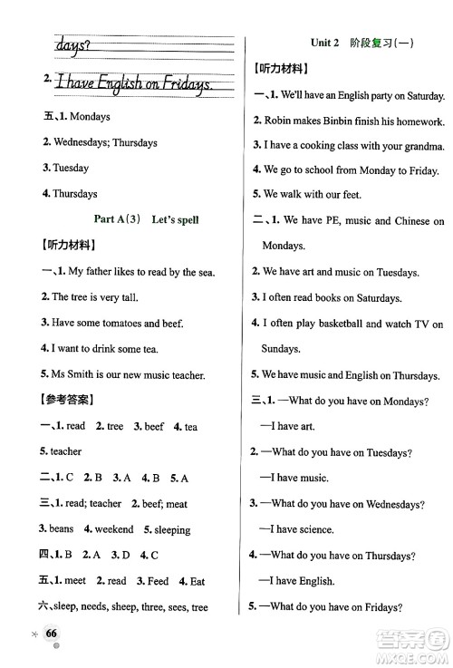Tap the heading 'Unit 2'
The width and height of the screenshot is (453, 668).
pyautogui.click(x=323, y=43)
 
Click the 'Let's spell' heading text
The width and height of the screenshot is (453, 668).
pyautogui.click(x=175, y=219)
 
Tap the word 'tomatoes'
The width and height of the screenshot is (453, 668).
pyautogui.click(x=120, y=322)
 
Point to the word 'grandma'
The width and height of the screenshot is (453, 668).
pyautogui.click(x=423, y=146)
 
